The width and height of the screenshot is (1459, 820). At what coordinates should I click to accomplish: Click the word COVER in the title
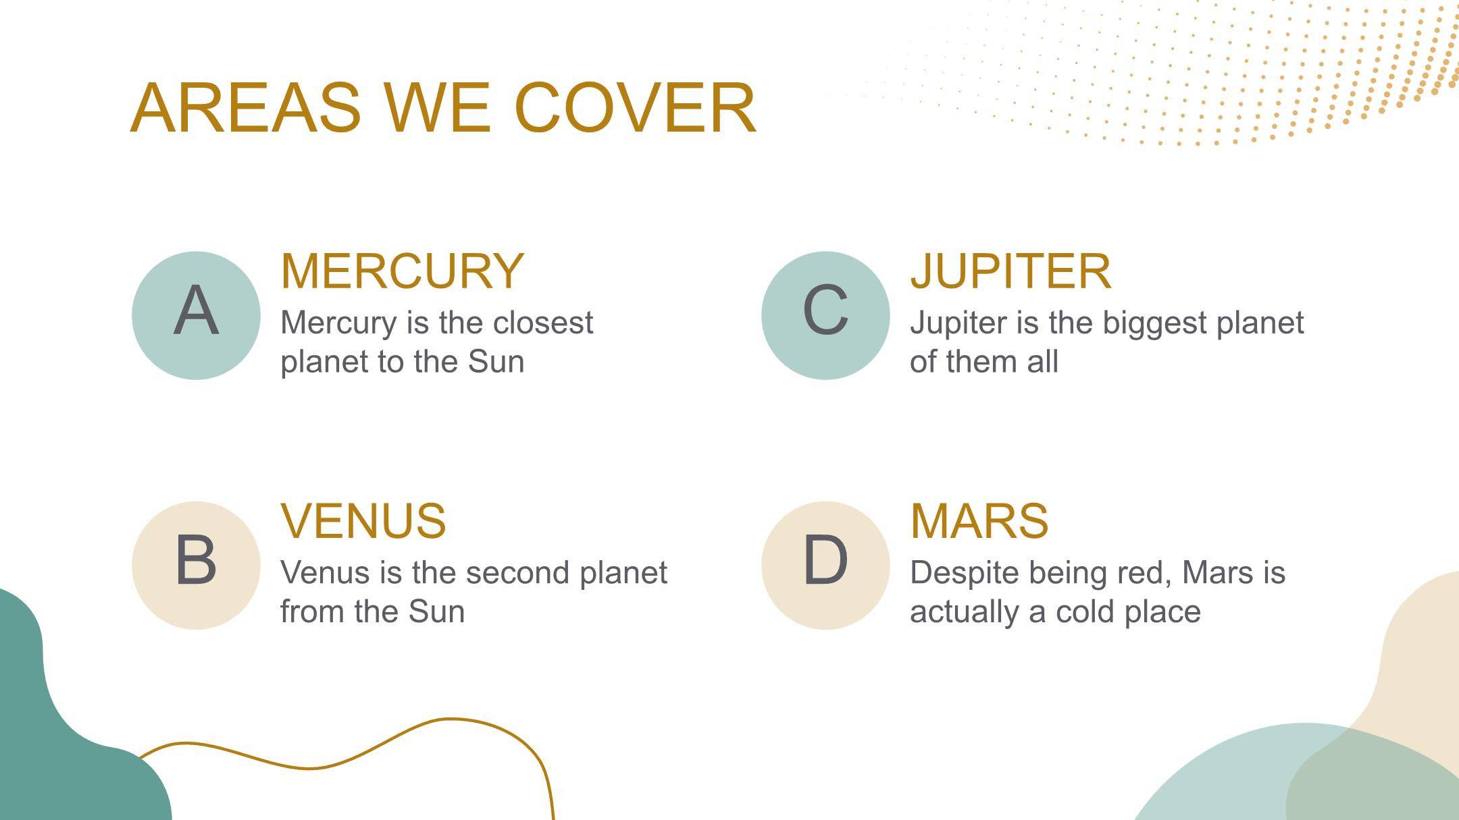[x=635, y=108]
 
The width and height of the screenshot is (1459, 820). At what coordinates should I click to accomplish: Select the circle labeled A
[x=196, y=315]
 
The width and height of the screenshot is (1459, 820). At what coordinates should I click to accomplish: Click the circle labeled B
[x=196, y=566]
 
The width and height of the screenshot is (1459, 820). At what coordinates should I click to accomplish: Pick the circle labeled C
[x=825, y=315]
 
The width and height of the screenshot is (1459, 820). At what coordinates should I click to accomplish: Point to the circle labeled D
[x=825, y=566]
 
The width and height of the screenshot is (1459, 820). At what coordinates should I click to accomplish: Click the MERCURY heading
[x=403, y=271]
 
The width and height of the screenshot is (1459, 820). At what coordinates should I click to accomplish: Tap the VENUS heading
[x=363, y=521]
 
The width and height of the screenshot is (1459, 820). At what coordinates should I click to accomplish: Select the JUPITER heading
[x=1010, y=271]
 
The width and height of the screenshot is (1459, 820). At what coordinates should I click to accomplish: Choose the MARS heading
[x=979, y=521]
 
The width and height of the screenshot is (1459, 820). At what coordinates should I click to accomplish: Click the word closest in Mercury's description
[x=543, y=323]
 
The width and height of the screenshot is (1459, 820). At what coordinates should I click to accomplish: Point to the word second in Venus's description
[x=516, y=572]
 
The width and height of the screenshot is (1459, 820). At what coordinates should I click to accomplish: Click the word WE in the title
[x=438, y=108]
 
